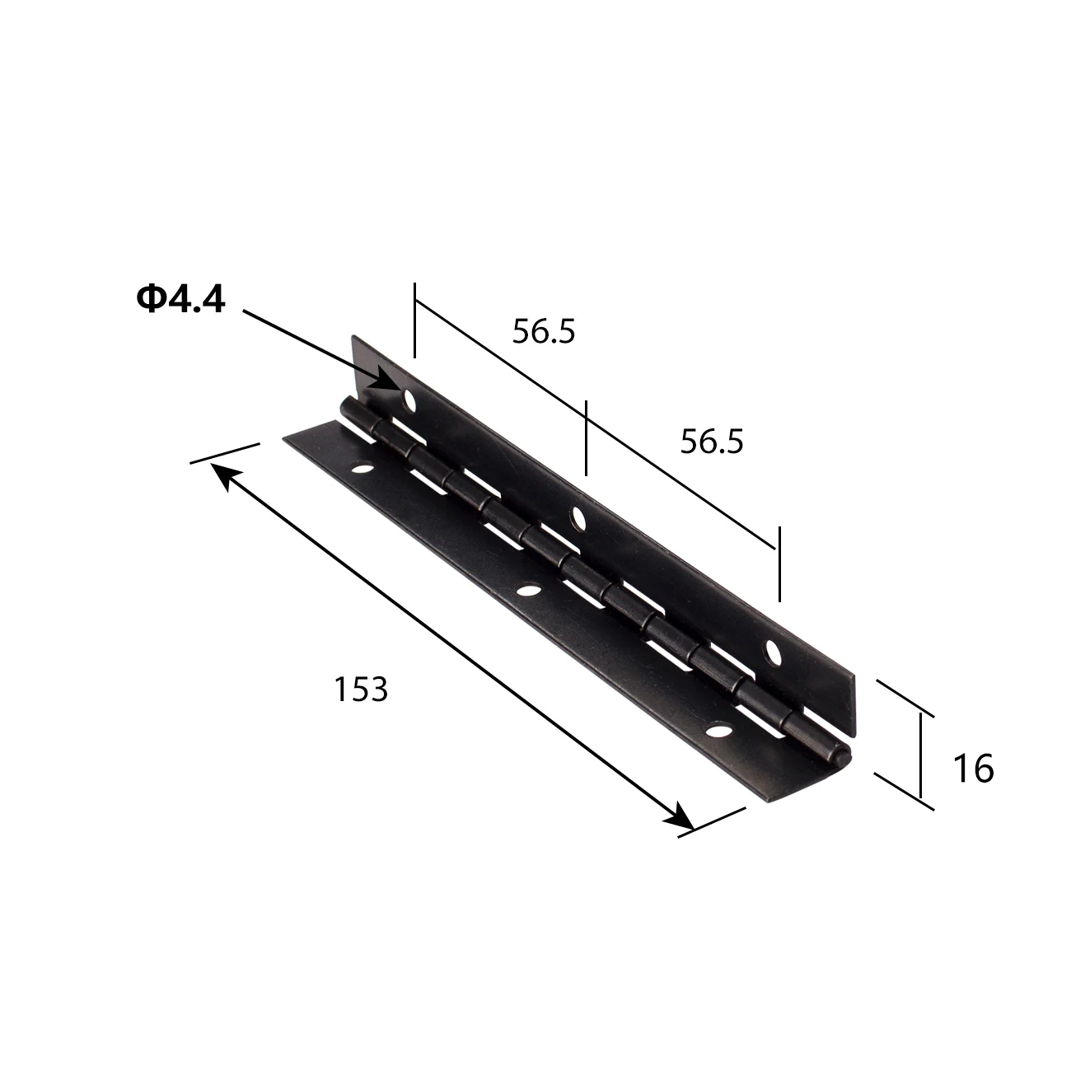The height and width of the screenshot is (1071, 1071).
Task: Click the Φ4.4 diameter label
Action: tap(180, 300)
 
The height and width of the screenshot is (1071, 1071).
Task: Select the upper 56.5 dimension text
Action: tap(543, 331)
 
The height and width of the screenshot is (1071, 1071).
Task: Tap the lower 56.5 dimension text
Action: tap(712, 442)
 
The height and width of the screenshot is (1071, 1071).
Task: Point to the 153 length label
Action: tap(360, 689)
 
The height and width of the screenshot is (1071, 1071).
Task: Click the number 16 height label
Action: tap(973, 769)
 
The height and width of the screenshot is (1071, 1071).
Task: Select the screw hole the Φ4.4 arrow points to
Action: tap(409, 401)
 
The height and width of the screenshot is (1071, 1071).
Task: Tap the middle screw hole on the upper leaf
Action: tap(578, 517)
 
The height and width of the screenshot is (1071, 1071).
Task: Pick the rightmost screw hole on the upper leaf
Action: tap(774, 652)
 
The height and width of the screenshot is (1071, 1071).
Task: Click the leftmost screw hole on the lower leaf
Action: tap(361, 471)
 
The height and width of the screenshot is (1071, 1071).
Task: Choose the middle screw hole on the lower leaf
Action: tap(528, 590)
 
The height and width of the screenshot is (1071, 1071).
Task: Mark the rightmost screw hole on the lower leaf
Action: tap(721, 730)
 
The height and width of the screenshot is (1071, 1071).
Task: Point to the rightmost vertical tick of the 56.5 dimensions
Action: tap(778, 565)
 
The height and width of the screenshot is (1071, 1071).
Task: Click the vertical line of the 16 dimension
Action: tap(920, 757)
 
